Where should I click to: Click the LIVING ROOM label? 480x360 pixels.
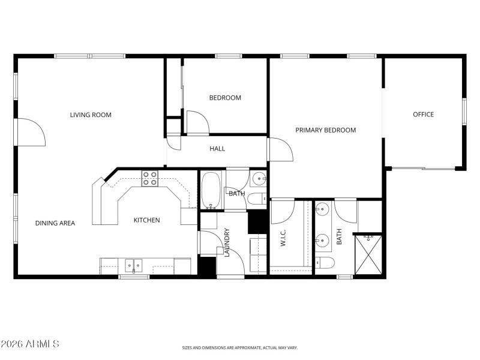click(91, 115)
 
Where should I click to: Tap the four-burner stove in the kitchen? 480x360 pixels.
click(149, 178)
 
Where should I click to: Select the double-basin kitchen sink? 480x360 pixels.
click(133, 265)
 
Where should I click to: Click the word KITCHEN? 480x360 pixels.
click(146, 220)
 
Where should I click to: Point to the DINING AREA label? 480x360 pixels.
click(55, 223)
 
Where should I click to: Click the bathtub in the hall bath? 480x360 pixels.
click(210, 190)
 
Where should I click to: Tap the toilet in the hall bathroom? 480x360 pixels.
click(256, 199)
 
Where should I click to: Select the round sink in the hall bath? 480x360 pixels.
click(259, 178)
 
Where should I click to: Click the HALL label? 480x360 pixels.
click(217, 148)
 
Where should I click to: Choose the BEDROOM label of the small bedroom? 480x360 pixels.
click(225, 98)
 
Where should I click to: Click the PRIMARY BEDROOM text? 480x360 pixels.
click(326, 130)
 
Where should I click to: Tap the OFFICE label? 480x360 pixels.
click(423, 115)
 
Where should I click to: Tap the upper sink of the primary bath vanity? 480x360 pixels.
click(323, 210)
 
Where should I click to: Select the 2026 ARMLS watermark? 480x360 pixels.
click(30, 344)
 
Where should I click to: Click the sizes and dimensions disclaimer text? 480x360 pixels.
click(240, 347)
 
